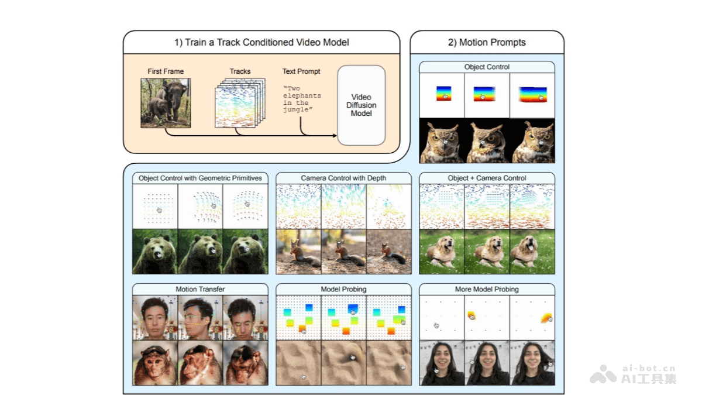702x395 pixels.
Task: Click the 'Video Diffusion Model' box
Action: click(x=362, y=105)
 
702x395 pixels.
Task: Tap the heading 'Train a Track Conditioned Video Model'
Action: click(x=261, y=42)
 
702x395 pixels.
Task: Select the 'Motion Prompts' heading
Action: click(x=487, y=42)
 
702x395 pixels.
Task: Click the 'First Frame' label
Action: click(x=166, y=71)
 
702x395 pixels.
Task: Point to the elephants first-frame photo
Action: click(x=166, y=103)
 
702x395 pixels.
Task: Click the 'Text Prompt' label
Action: click(x=301, y=71)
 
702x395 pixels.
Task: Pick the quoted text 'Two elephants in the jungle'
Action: click(x=302, y=99)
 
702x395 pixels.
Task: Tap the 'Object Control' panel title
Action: click(x=487, y=67)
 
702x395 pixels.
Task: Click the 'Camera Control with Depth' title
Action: click(x=343, y=178)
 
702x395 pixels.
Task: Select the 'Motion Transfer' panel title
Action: click(x=200, y=289)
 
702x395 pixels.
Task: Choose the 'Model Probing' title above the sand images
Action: click(x=343, y=289)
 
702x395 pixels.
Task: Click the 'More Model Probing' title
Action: click(x=487, y=289)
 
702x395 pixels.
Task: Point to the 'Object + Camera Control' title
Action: click(x=487, y=178)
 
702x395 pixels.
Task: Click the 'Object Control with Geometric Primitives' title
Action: click(x=200, y=178)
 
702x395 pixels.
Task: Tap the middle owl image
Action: click(x=487, y=141)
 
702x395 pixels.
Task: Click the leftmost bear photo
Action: click(x=155, y=252)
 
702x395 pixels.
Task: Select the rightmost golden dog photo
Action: click(x=532, y=252)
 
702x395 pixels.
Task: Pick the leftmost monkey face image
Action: click(x=155, y=363)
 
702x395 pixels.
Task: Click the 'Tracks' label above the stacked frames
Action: click(x=240, y=71)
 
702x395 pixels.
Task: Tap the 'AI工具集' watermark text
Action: click(x=648, y=379)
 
